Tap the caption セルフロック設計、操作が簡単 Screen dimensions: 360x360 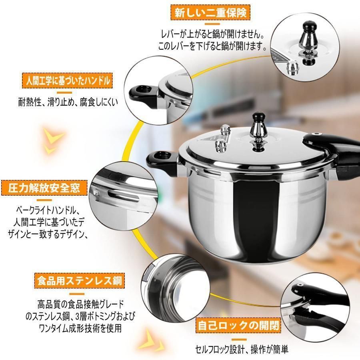(242, 348)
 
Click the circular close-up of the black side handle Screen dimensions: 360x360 (154, 94)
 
